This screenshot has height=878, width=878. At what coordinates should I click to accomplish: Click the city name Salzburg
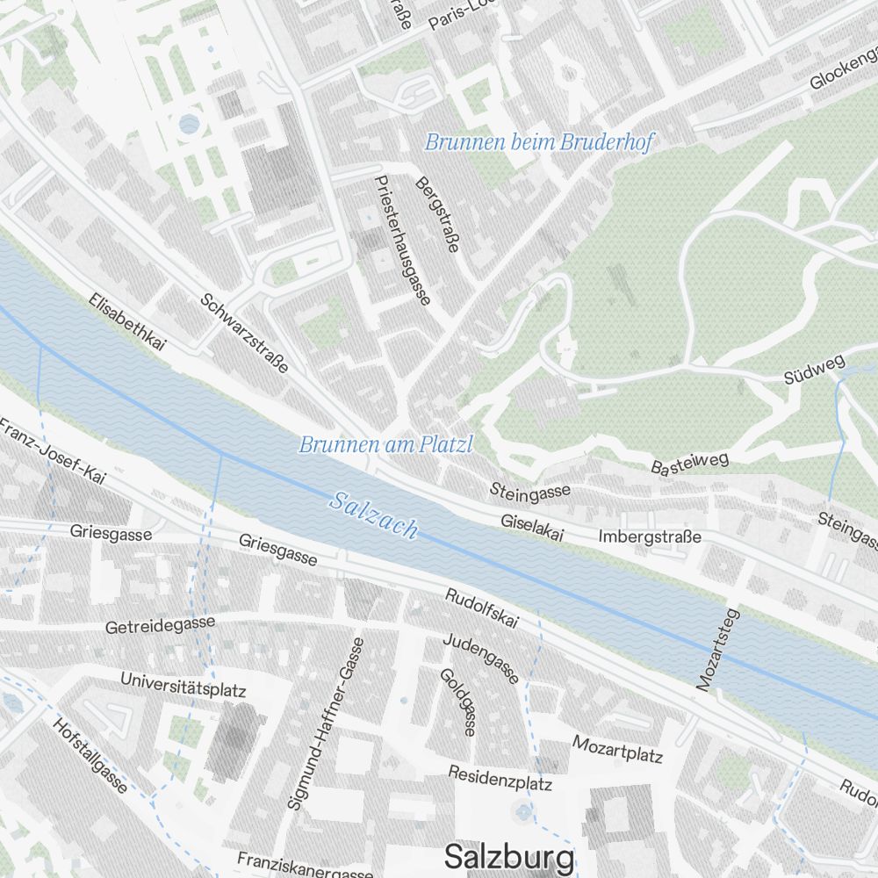509,856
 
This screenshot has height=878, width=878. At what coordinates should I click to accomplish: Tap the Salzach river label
373,515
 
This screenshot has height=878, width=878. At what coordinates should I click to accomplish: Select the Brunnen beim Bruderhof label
538,142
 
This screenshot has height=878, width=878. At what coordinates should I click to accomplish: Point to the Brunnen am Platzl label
385,445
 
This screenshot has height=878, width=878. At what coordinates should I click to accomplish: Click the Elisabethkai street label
127,322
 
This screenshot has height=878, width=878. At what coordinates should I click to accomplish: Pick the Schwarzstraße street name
244,333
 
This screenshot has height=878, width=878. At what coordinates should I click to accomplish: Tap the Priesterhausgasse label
401,240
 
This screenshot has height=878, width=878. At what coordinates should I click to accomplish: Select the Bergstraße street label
436,214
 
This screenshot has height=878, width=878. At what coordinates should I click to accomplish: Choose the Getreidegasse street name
160,625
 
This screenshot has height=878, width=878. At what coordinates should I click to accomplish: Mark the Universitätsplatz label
183,685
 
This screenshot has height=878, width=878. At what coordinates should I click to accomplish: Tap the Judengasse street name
480,658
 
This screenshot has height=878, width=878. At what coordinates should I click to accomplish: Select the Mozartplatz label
617,749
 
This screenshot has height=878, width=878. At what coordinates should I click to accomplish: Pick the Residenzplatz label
500,777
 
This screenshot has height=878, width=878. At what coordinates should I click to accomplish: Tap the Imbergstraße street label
650,536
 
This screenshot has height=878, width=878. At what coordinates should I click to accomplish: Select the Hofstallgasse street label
90,756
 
